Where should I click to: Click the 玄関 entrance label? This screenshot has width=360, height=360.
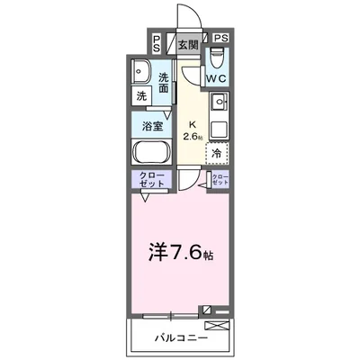point(186,44)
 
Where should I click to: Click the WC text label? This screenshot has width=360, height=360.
point(216,79)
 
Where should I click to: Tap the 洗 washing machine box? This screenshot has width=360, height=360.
point(143,95)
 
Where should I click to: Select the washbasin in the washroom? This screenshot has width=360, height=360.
point(143,73)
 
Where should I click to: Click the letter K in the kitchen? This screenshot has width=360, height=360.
point(190,126)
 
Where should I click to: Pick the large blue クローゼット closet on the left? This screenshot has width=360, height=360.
point(152,180)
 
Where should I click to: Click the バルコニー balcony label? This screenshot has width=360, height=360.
point(187,339)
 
